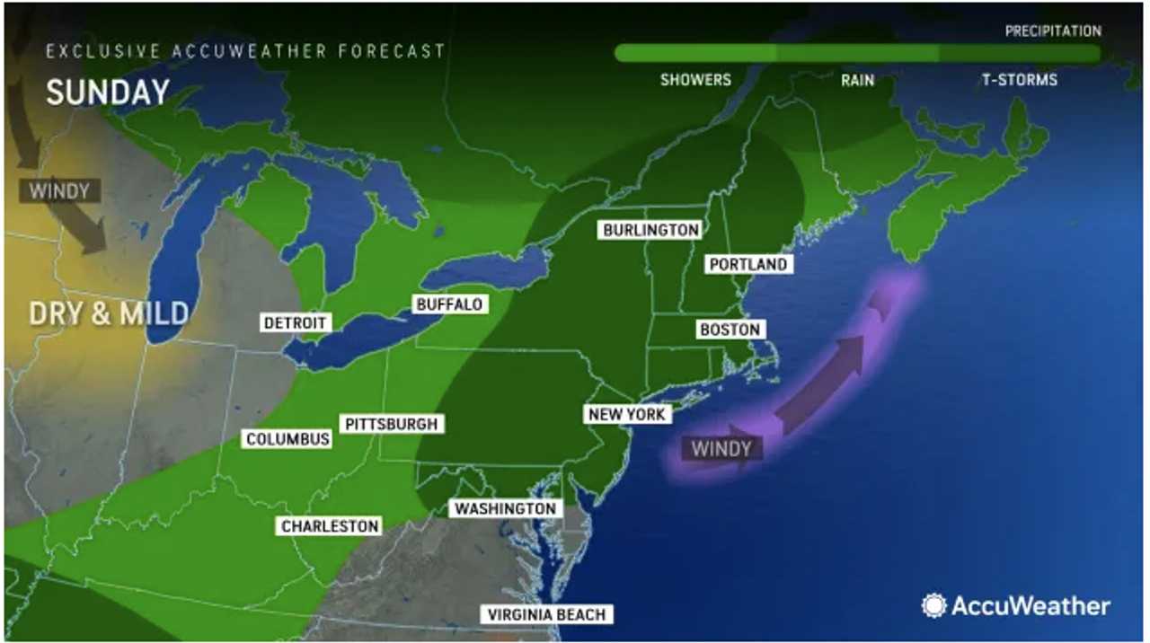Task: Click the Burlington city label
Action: pos(650,230)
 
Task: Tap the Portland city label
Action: pos(747,264)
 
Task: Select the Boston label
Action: pos(730,330)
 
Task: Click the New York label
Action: pos(626,414)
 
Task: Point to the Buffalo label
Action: pos(449,304)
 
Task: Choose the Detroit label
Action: pos(296,322)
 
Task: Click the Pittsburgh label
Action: pos(392,424)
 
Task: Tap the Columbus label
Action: pos(287,439)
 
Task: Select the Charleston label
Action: pos(330,526)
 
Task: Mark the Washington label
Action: pos(505,508)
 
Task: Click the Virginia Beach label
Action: pos(547,614)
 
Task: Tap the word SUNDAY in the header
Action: pos(108,92)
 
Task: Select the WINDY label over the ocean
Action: pos(721,447)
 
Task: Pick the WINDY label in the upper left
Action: pos(59,190)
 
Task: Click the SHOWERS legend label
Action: pos(695,79)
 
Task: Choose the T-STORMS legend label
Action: pos(1019,79)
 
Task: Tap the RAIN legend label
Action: pos(857,79)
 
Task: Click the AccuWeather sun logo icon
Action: pos(934,605)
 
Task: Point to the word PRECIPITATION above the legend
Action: pos(1053,31)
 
